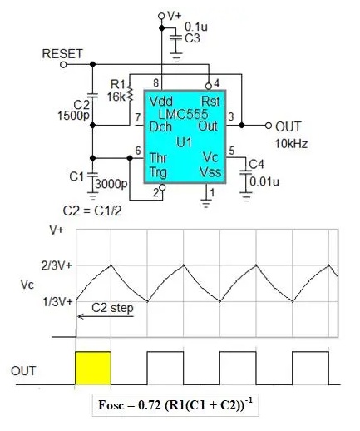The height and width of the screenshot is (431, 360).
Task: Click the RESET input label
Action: pyautogui.click(x=62, y=54)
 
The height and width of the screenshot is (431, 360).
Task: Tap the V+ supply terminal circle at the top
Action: pyautogui.click(x=161, y=16)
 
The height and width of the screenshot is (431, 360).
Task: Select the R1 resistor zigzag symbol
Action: pyautogui.click(x=130, y=92)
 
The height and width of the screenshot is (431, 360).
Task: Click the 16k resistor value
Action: pyautogui.click(x=116, y=97)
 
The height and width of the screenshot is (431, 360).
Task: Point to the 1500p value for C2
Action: pyautogui.click(x=73, y=116)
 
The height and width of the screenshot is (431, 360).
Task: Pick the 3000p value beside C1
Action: pyautogui.click(x=111, y=183)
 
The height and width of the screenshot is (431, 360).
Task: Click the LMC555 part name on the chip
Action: pyautogui.click(x=183, y=114)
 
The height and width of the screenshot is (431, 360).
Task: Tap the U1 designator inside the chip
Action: pyautogui.click(x=184, y=143)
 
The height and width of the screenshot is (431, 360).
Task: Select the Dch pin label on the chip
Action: pyautogui.click(x=160, y=127)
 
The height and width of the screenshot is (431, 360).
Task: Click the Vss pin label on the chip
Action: pyautogui.click(x=210, y=172)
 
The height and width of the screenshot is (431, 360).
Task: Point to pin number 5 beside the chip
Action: pyautogui.click(x=232, y=151)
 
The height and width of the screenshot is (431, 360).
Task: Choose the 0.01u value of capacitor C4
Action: pyautogui.click(x=264, y=182)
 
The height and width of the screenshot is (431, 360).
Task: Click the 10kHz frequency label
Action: pyautogui.click(x=291, y=144)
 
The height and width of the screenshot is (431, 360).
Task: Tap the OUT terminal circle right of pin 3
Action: pyautogui.click(x=268, y=126)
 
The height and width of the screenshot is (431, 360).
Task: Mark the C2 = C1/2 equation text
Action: pyautogui.click(x=92, y=211)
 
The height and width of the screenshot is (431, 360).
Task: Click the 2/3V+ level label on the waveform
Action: pyautogui.click(x=57, y=265)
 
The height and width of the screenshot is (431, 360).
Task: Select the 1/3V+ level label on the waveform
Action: pyautogui.click(x=57, y=301)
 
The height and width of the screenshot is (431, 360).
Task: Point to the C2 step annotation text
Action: pyautogui.click(x=112, y=308)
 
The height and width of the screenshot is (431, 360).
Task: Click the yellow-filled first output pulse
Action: pyautogui.click(x=93, y=369)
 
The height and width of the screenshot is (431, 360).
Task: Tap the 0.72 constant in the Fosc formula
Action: pyautogui.click(x=150, y=405)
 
